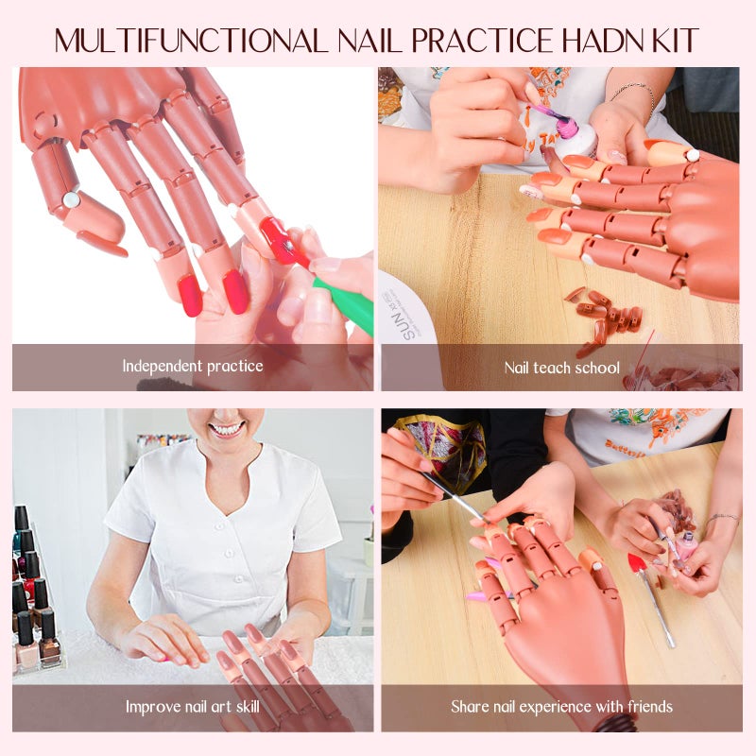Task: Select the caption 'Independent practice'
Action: pyautogui.click(x=193, y=365)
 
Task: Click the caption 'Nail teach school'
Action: pyautogui.click(x=561, y=367)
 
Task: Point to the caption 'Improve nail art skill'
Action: pyautogui.click(x=193, y=706)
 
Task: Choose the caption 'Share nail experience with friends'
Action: pyautogui.click(x=561, y=706)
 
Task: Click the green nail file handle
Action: pyautogui.click(x=344, y=306)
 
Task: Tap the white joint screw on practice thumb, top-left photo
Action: pyautogui.click(x=70, y=199)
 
